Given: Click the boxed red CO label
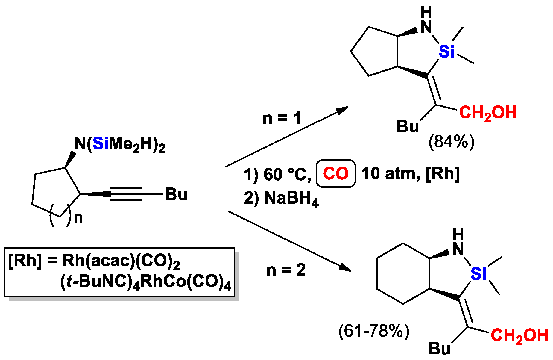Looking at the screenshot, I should click(x=336, y=173).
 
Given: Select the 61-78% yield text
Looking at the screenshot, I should click(x=374, y=331).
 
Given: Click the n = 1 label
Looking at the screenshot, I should click(x=282, y=118).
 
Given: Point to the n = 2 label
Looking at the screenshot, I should click(x=286, y=270).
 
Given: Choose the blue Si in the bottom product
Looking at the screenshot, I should click(x=478, y=274).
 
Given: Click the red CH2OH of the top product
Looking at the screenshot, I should click(x=488, y=113).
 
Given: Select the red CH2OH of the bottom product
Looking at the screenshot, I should click(x=519, y=335).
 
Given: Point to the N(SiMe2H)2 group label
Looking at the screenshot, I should click(x=120, y=144).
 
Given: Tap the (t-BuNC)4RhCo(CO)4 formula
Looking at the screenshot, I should click(x=145, y=282).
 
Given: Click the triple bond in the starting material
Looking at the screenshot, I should click(x=126, y=194).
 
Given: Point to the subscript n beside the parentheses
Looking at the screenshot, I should click(x=78, y=218).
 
